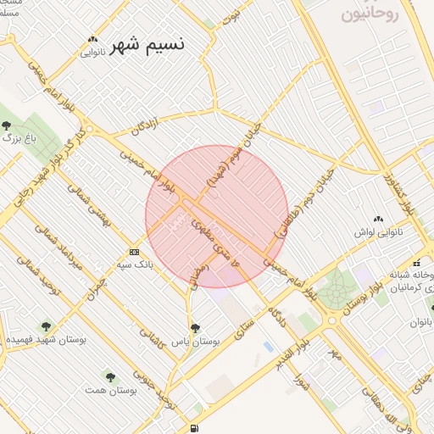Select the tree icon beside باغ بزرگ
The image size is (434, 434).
click(x=6, y=126)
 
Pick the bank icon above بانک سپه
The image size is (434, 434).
click(x=134, y=252)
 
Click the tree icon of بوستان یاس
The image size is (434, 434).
click(x=195, y=327)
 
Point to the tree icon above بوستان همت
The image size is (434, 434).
click(x=110, y=376)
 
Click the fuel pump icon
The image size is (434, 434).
click(x=196, y=427)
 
